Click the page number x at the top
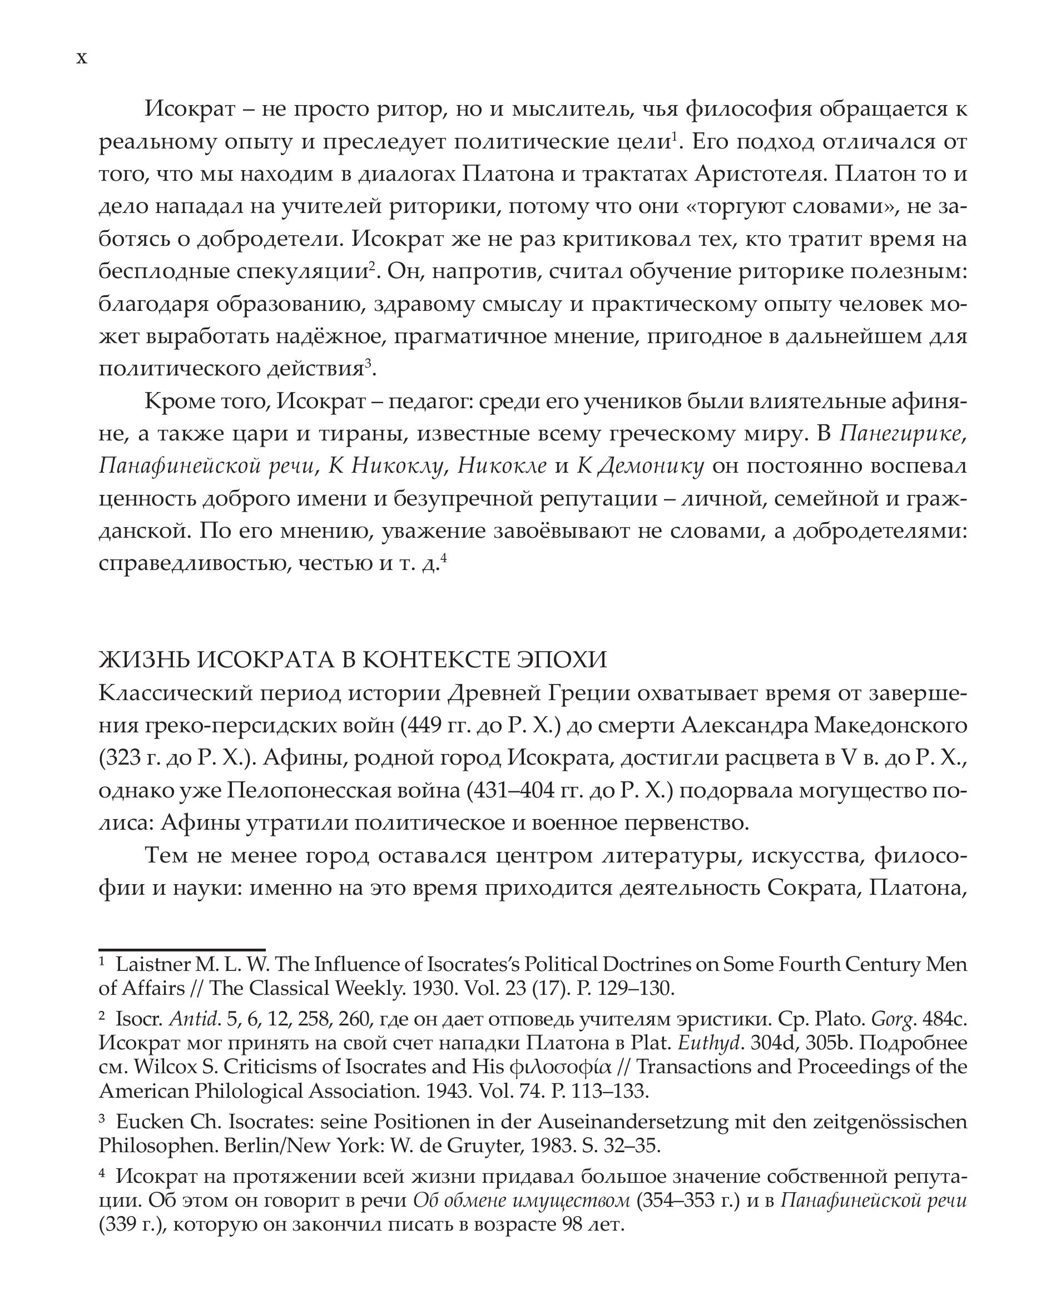pos(82,58)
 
